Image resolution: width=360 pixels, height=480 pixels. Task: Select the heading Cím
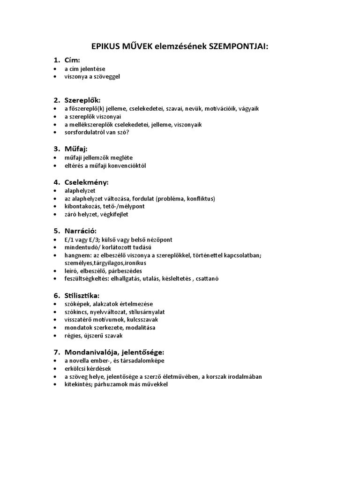pos(72,60)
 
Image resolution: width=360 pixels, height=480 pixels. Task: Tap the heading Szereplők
pos(82,100)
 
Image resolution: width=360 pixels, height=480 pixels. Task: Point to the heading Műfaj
pos(76,149)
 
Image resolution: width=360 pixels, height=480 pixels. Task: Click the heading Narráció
pos(81,231)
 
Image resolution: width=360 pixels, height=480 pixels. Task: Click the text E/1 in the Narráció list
pos(69,240)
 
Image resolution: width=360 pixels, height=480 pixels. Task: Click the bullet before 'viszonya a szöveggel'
pos(56,76)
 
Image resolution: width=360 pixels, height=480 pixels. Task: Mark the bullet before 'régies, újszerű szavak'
pos(56,336)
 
